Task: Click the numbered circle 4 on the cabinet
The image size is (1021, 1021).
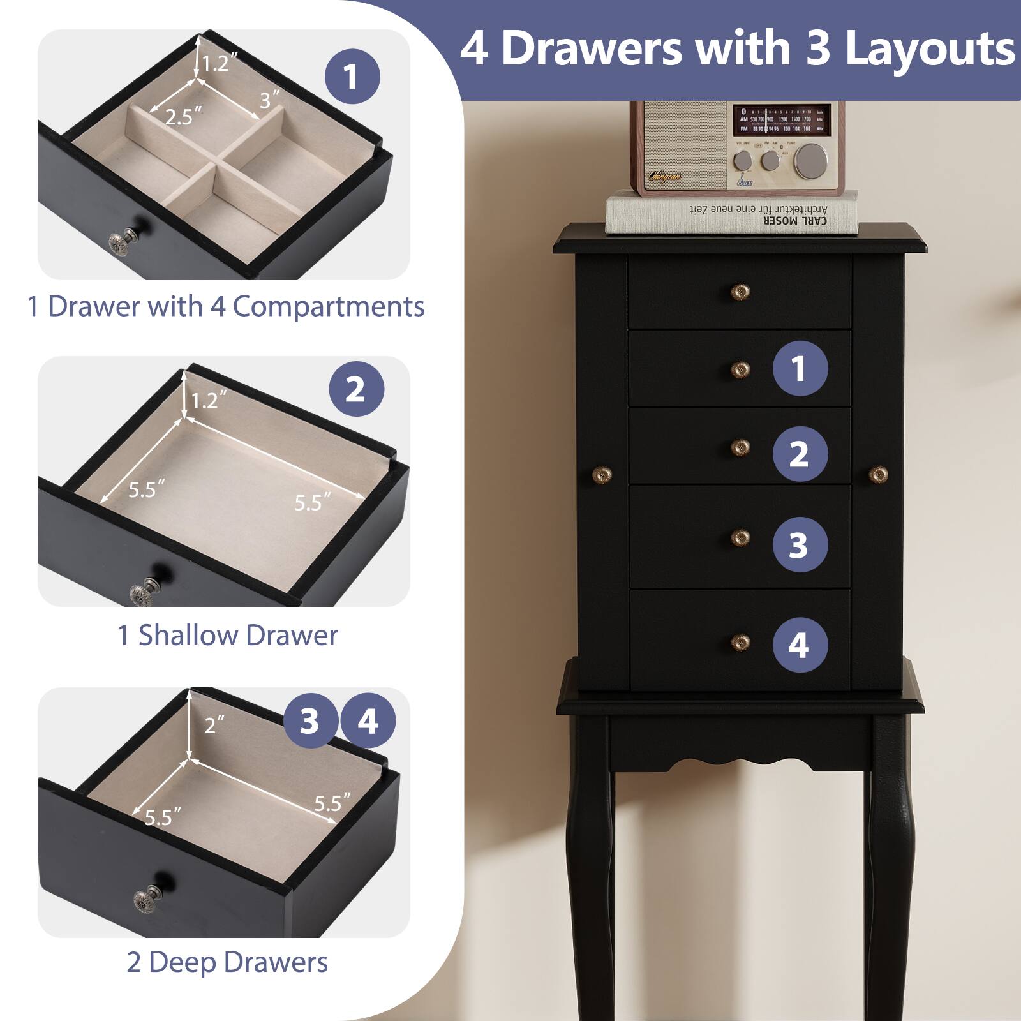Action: (800, 645)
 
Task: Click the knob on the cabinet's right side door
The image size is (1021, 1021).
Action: (879, 474)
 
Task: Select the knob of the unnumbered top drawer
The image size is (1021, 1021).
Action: (740, 292)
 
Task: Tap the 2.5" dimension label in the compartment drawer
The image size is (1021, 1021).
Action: (183, 117)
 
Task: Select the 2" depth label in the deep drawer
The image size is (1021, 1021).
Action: (214, 725)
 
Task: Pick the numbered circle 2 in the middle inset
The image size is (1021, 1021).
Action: (356, 389)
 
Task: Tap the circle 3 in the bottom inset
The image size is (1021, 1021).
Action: (309, 721)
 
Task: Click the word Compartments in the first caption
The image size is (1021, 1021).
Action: (328, 306)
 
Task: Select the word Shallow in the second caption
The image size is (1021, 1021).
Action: (188, 636)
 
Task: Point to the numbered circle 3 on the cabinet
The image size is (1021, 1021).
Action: (800, 545)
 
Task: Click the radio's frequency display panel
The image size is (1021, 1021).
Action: (782, 120)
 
